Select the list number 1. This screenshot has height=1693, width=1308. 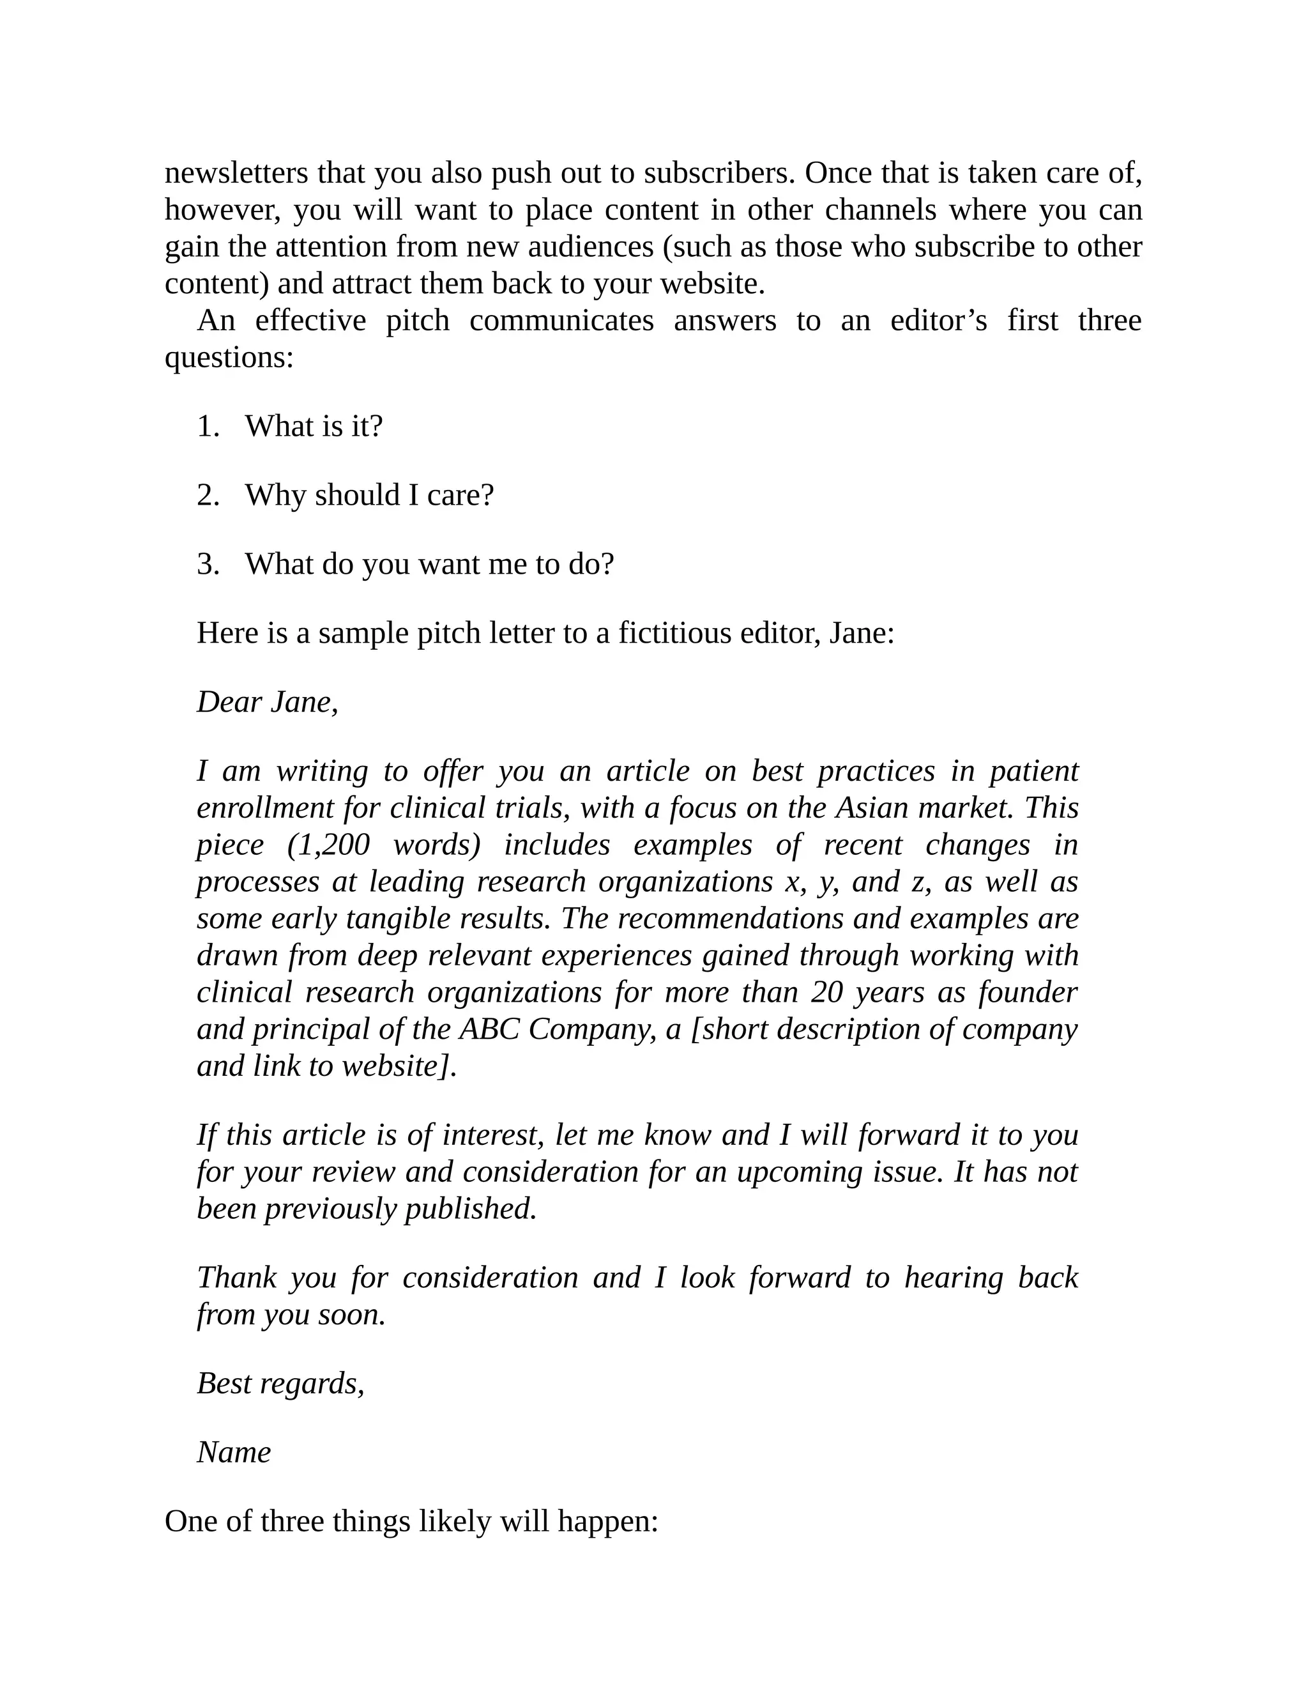pos(208,426)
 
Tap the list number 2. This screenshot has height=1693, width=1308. pos(208,495)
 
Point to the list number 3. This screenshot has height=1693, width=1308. pos(208,564)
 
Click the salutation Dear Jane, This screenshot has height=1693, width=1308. pos(268,702)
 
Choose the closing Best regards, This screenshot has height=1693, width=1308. pos(280,1384)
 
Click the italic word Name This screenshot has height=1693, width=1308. pos(234,1453)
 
